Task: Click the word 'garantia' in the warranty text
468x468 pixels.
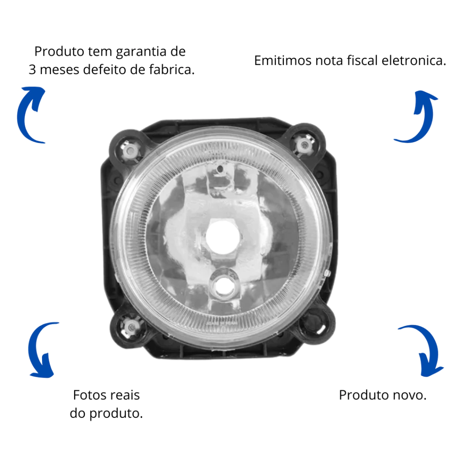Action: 141,52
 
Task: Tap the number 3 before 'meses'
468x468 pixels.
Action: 32,70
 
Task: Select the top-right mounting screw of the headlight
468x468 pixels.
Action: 304,145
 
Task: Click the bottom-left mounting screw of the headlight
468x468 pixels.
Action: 130,328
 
